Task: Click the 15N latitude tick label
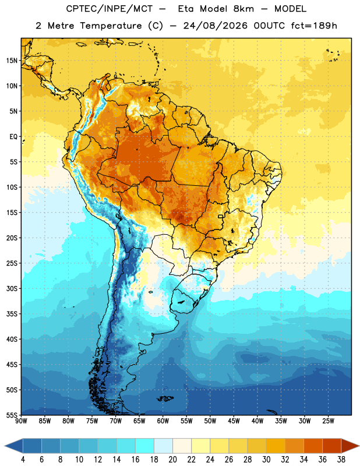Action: tap(12, 61)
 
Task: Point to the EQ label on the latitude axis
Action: tap(13, 137)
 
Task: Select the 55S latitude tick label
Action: tap(12, 415)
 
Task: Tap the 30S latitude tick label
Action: tap(12, 288)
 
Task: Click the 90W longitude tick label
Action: tap(22, 421)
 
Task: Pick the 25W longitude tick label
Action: tap(328, 421)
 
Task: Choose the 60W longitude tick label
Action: tap(163, 421)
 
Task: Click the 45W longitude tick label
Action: tap(234, 421)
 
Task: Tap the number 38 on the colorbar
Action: tap(341, 460)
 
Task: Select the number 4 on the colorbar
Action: tap(23, 460)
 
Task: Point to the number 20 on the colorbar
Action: tap(172, 460)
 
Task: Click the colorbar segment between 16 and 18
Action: tap(144, 446)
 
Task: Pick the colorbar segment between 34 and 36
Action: tap(313, 446)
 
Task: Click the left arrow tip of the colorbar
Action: tap(5, 446)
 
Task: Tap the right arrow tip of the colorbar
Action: tap(359, 446)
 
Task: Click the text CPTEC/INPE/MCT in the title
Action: tap(109, 9)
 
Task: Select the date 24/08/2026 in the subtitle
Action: tap(215, 26)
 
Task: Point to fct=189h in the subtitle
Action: tap(313, 26)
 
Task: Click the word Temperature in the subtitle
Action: tap(111, 26)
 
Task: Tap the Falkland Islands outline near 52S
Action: tap(165, 398)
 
